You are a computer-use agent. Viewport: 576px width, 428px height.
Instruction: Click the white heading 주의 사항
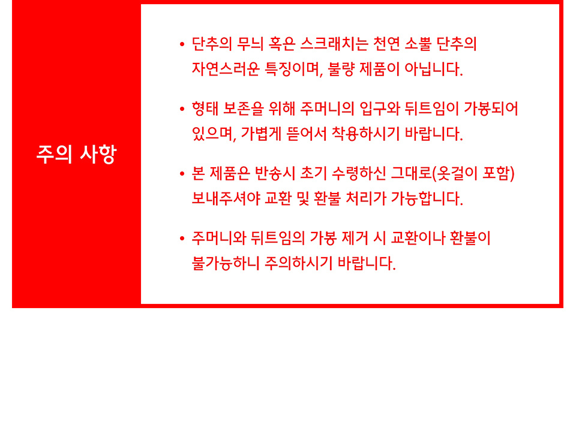tap(76, 154)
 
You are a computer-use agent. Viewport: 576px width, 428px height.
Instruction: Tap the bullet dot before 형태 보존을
tap(182, 109)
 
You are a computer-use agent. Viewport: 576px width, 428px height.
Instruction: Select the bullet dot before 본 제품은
tap(182, 174)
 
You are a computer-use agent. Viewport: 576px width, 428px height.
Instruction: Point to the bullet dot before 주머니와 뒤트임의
tap(182, 239)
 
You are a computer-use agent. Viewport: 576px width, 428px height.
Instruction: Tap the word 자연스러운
tap(226, 69)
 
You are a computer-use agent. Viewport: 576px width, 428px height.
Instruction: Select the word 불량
tap(341, 69)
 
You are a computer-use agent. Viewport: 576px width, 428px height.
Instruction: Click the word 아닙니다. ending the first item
tap(433, 69)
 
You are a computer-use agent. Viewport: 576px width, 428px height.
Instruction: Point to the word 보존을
tap(243, 108)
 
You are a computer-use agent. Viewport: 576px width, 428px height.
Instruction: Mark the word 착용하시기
tap(365, 134)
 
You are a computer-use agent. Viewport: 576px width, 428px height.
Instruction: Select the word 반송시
tap(275, 174)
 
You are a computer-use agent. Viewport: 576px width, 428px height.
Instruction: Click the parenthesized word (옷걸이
tap(455, 174)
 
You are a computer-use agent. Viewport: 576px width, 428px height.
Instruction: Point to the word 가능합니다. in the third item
tap(427, 198)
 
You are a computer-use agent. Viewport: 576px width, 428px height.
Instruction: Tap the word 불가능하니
tap(226, 263)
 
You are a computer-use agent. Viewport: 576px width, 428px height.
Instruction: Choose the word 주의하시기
tap(298, 263)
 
